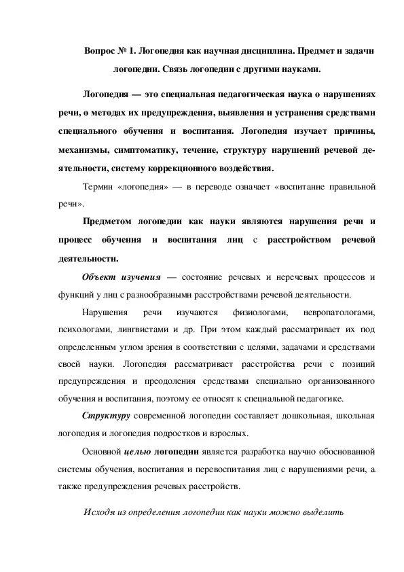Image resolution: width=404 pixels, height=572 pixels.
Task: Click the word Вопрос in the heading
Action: tap(100, 52)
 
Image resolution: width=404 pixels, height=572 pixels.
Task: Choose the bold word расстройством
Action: tap(298, 239)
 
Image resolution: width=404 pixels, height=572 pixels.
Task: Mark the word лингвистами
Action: tap(141, 330)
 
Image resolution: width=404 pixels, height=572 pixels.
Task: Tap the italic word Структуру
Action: tap(106, 416)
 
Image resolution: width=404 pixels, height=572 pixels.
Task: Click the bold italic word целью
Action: tap(141, 451)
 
